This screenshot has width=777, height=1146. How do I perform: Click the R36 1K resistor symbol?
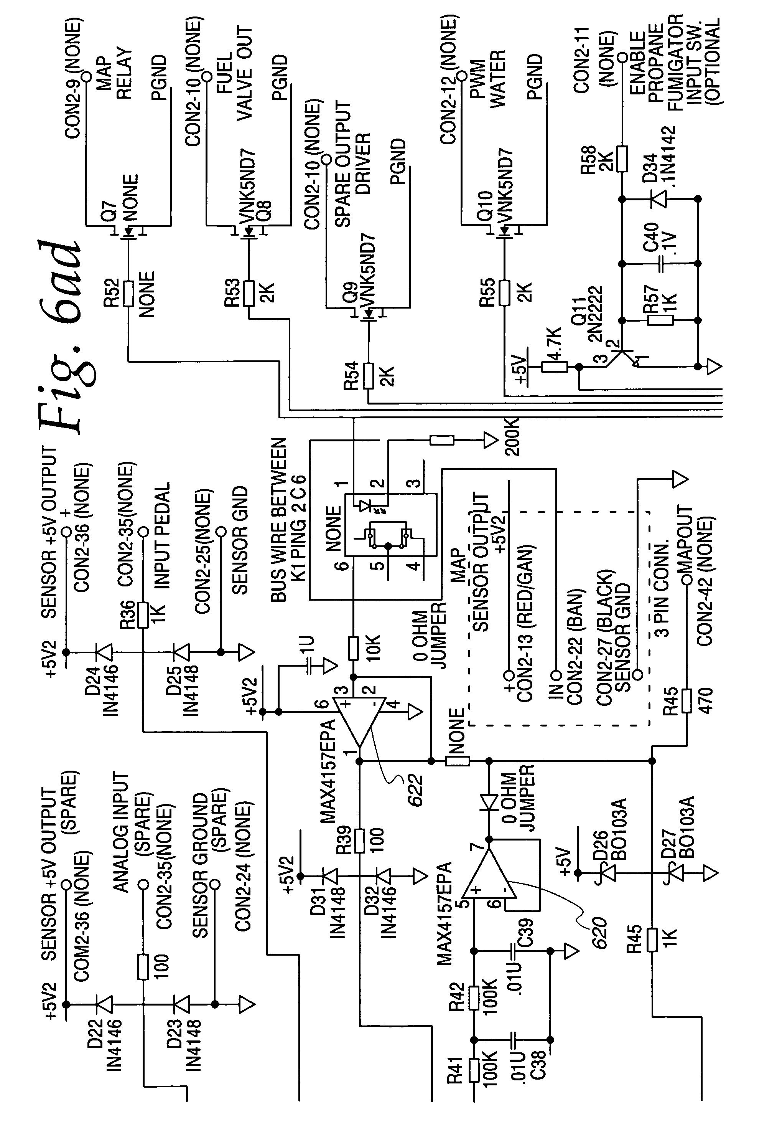(x=143, y=614)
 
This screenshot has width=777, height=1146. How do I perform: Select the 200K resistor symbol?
(x=441, y=440)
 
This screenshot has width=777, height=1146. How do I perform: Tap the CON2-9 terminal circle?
(x=86, y=76)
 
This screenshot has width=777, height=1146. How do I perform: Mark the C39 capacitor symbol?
(x=514, y=951)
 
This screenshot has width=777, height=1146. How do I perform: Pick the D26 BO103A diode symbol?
(x=609, y=873)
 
